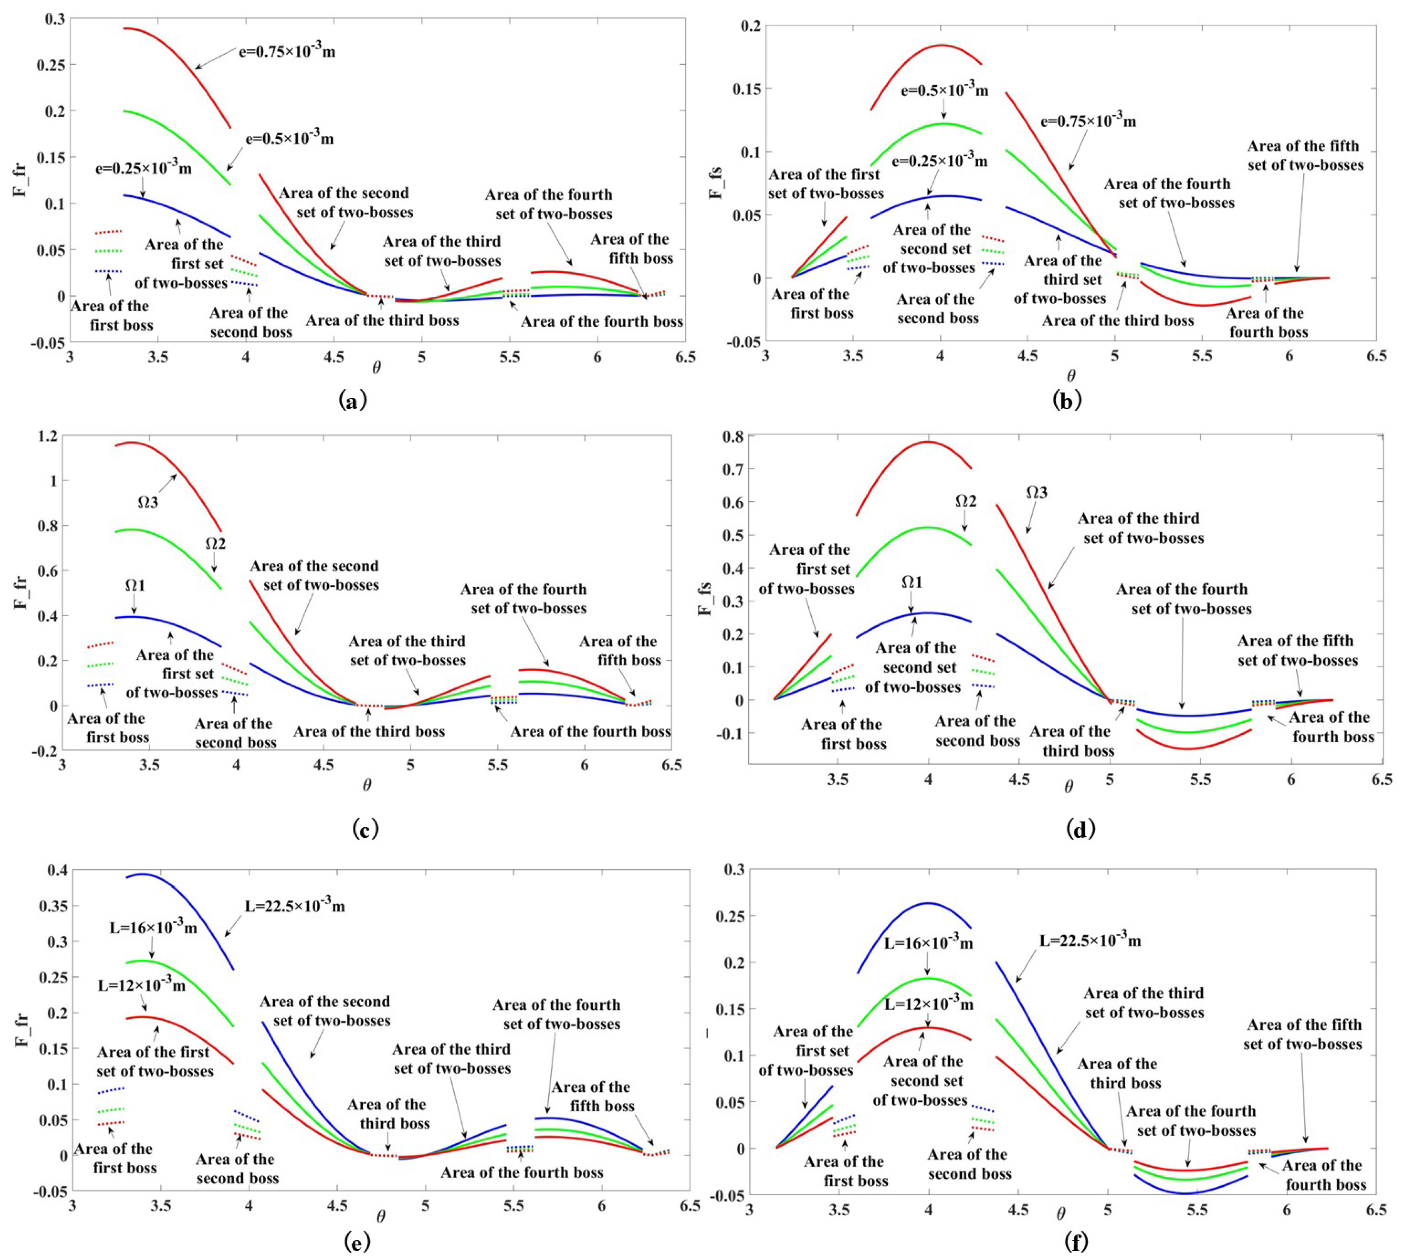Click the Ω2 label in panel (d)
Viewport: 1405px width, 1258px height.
(x=966, y=501)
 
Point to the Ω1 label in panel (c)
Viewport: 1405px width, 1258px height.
(x=136, y=585)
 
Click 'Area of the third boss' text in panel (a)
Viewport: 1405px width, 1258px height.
(x=382, y=321)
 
